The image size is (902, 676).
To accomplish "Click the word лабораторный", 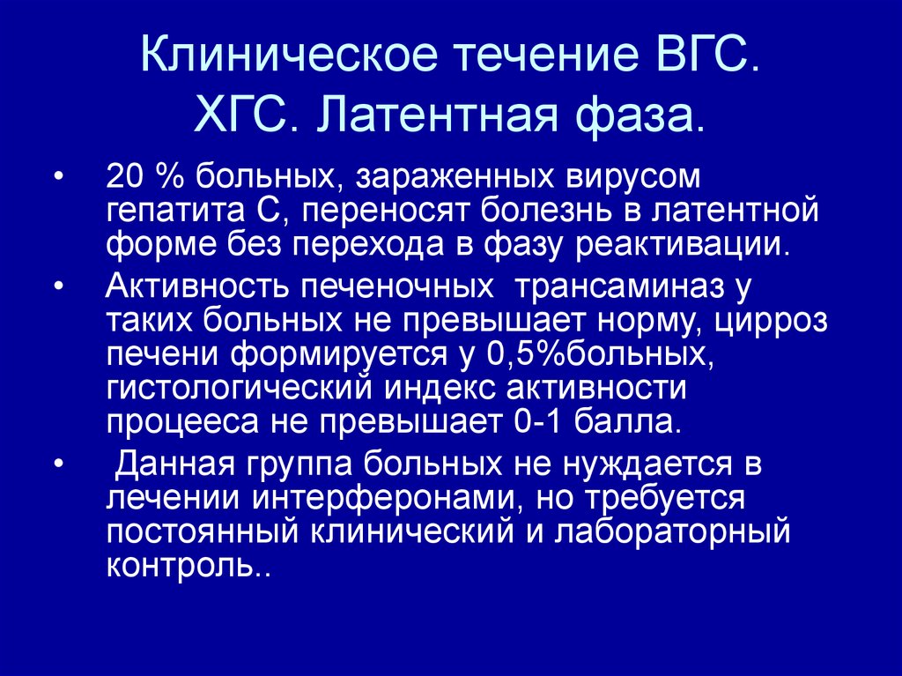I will tap(684, 531).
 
